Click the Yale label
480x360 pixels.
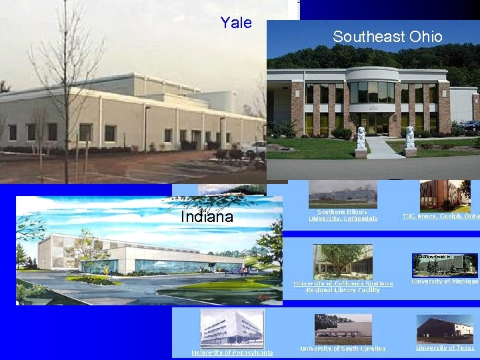click(236, 23)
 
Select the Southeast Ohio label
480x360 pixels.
click(387, 37)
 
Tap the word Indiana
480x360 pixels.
click(207, 217)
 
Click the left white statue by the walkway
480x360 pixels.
click(361, 139)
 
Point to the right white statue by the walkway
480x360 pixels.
click(410, 138)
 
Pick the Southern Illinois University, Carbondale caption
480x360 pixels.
click(343, 215)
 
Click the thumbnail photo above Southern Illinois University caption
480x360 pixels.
click(343, 194)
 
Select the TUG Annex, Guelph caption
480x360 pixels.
click(441, 216)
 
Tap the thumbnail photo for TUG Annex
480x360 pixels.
click(445, 195)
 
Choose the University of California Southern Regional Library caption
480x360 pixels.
click(343, 286)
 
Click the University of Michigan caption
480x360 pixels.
click(445, 281)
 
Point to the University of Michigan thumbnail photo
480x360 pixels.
click(445, 265)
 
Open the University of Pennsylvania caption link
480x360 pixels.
click(232, 353)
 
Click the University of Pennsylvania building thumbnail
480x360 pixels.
click(232, 329)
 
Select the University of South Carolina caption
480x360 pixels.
click(343, 348)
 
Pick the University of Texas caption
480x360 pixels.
click(445, 347)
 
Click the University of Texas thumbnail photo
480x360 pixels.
click(445, 329)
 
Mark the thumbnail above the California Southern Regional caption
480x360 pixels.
click(343, 261)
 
